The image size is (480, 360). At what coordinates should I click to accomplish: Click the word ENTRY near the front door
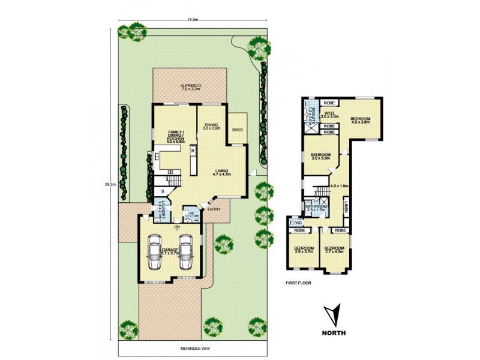(214, 209)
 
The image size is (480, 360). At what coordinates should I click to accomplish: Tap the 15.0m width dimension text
(193, 20)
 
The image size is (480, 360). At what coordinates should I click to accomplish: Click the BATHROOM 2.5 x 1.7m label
(316, 208)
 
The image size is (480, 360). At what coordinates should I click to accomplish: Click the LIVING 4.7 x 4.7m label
(221, 172)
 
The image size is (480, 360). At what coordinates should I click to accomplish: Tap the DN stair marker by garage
(177, 227)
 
